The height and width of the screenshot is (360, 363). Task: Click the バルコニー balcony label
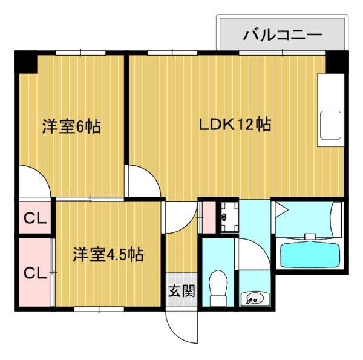pyautogui.click(x=282, y=34)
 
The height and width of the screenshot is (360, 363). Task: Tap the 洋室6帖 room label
pyautogui.click(x=71, y=127)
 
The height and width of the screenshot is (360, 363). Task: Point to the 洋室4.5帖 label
pyautogui.click(x=108, y=254)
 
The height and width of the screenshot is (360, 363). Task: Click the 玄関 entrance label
pyautogui.click(x=181, y=292)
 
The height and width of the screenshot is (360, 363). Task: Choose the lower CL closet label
pyautogui.click(x=35, y=273)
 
